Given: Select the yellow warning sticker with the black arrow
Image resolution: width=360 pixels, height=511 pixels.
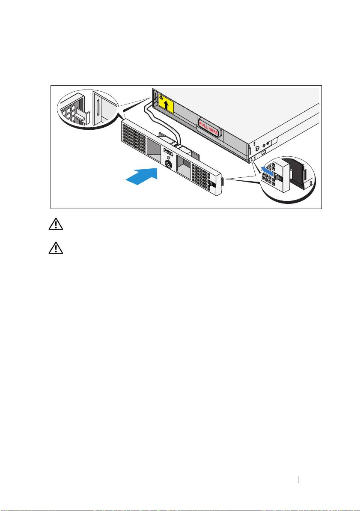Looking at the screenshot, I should point(166,104).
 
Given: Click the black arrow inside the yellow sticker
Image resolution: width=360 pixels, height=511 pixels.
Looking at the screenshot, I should point(167,105).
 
